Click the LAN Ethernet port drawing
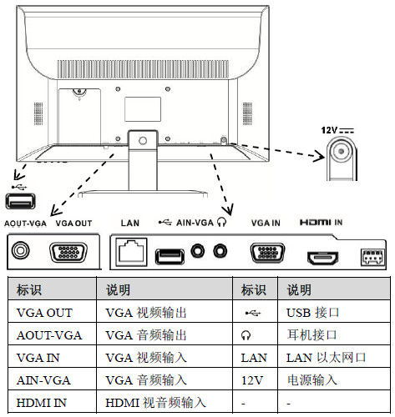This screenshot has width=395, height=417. (131, 252)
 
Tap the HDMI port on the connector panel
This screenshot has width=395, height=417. (322, 259)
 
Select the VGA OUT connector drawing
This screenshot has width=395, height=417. (68, 252)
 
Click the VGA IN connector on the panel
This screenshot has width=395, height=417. (267, 253)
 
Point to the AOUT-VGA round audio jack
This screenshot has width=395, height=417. (20, 250)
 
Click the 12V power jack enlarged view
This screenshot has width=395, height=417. (342, 158)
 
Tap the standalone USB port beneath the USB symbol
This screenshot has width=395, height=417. (20, 201)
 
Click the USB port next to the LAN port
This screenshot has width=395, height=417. (170, 256)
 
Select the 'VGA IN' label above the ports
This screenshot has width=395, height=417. (266, 223)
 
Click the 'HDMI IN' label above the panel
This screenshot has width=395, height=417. (321, 223)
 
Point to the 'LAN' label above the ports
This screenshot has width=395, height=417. (130, 223)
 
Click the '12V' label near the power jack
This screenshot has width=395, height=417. (329, 130)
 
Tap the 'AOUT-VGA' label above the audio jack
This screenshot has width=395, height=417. (25, 224)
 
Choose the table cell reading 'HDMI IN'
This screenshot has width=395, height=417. (42, 403)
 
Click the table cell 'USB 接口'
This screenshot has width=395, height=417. (313, 313)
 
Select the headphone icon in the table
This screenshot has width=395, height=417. (246, 335)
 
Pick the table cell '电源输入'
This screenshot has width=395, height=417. (312, 380)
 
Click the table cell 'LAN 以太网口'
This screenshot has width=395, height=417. (326, 358)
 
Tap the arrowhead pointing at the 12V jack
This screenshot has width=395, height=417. (319, 156)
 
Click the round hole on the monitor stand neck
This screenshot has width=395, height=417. (143, 141)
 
